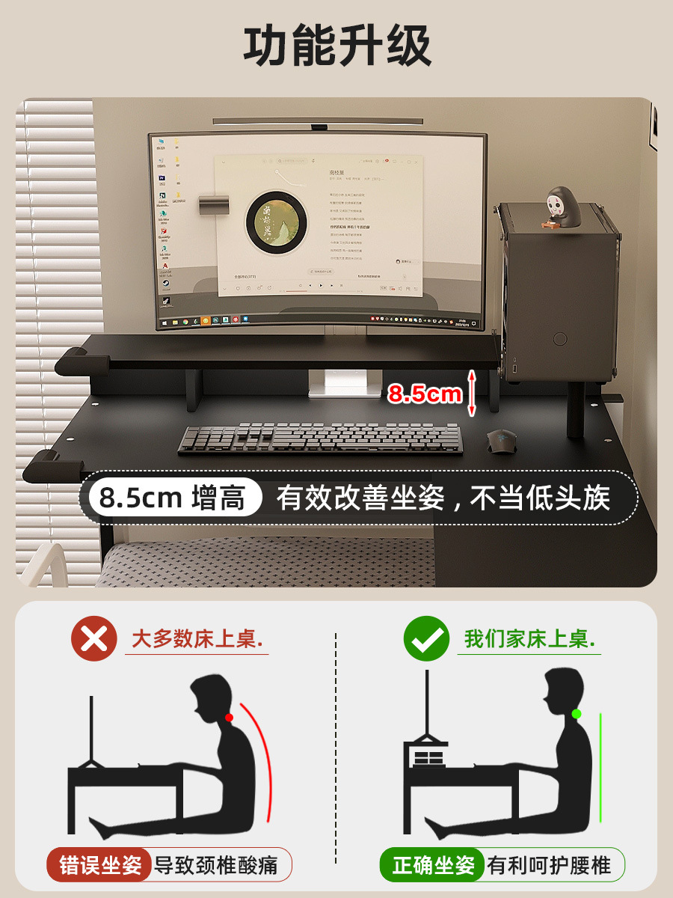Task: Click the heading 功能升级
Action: click(337, 46)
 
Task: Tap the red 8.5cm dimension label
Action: click(425, 394)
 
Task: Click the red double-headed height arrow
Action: click(472, 393)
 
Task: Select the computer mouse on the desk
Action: click(502, 442)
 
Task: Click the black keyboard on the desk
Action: click(319, 439)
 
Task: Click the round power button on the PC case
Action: click(560, 339)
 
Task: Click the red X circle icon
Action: click(94, 639)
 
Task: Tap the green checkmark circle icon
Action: click(426, 639)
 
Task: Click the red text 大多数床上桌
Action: click(199, 639)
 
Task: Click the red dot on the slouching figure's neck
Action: click(229, 717)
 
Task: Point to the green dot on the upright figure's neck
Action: click(576, 714)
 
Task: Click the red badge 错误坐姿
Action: click(100, 866)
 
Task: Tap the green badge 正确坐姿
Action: click(434, 866)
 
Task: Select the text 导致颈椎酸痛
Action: click(215, 866)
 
